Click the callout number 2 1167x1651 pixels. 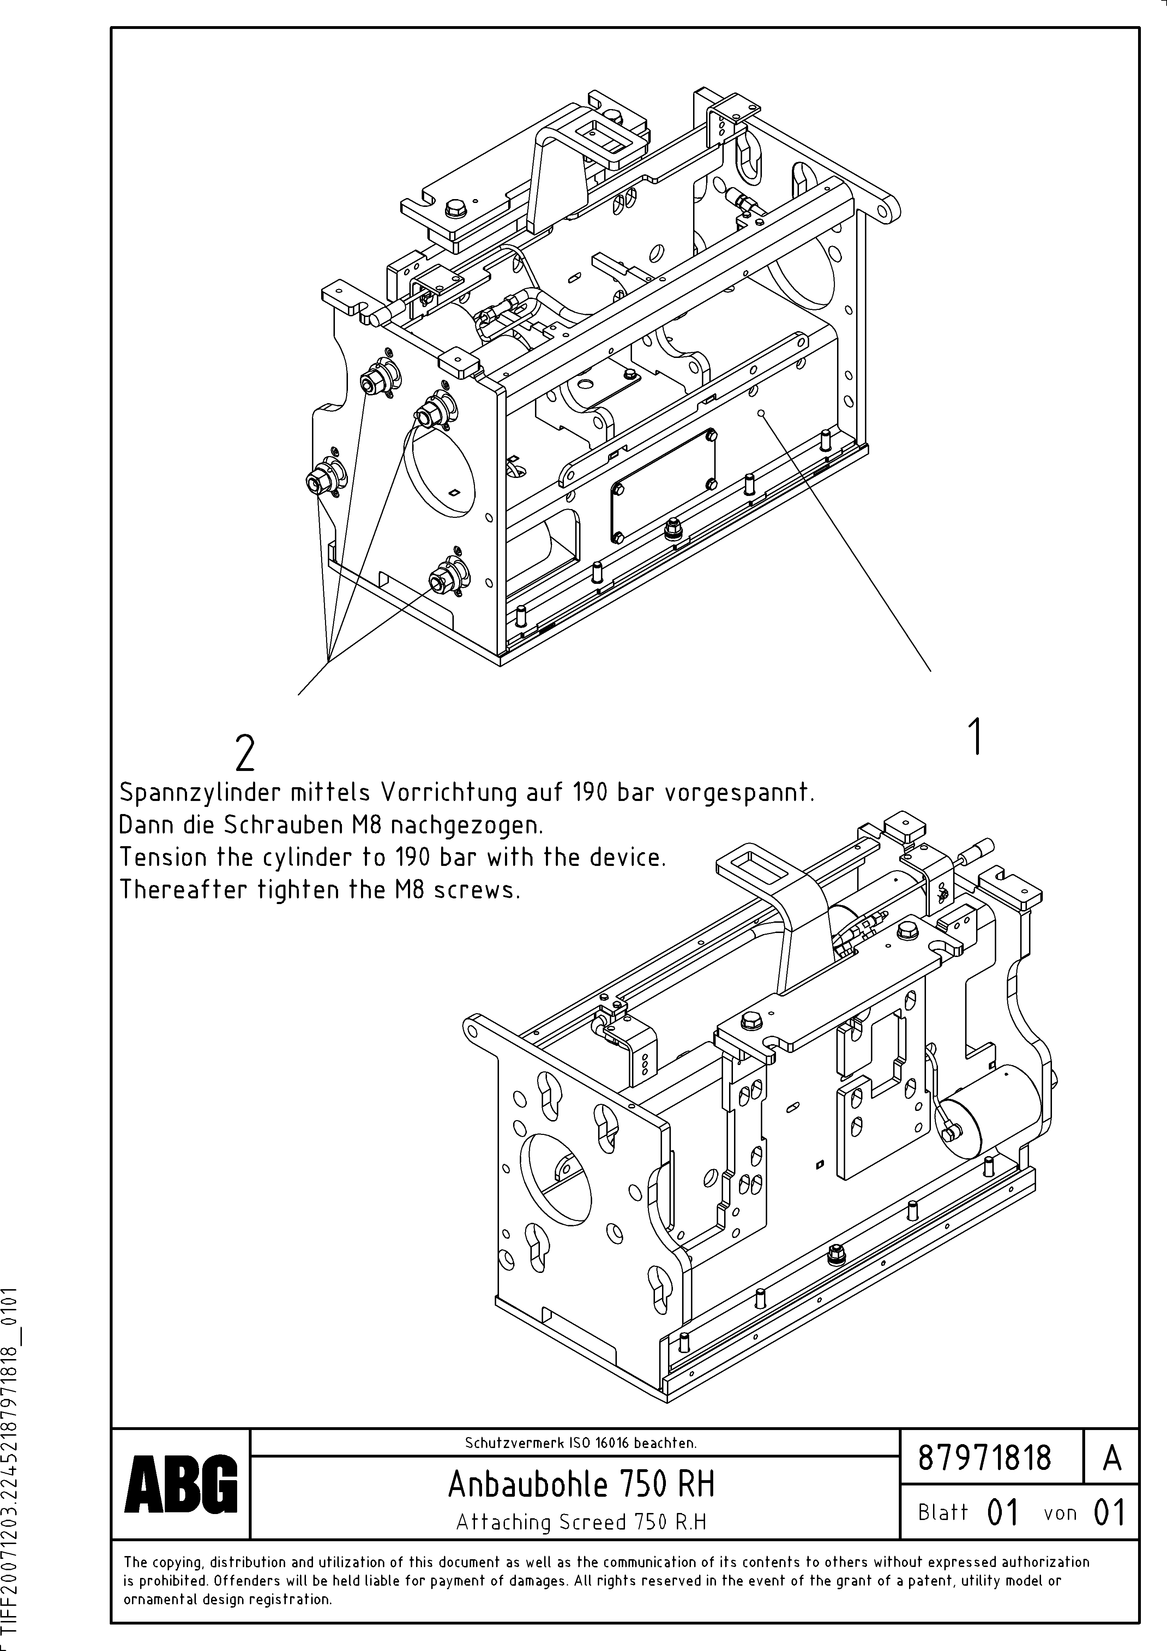pos(245,754)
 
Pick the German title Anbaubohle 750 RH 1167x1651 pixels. pos(581,1483)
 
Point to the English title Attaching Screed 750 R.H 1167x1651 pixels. pos(581,1521)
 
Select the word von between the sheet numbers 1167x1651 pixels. pos(1060,1513)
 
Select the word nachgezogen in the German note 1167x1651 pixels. pos(466,825)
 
